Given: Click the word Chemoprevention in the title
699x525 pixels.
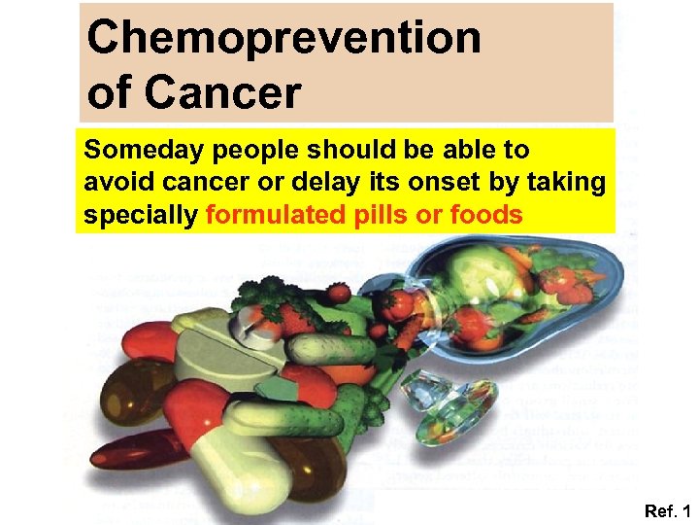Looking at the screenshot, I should [x=283, y=38].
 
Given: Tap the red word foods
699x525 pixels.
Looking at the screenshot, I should [x=485, y=214].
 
